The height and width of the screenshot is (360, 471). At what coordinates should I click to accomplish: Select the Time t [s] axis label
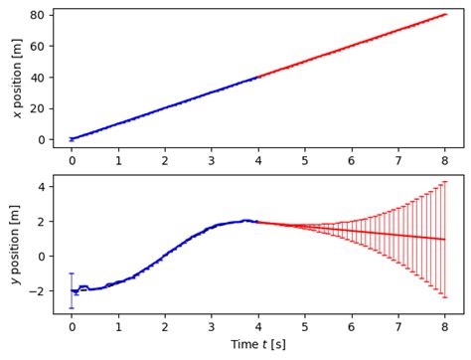258,345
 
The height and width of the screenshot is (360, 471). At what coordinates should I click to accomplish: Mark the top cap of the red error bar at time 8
445,181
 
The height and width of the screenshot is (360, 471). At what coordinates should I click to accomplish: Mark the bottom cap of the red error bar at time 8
445,297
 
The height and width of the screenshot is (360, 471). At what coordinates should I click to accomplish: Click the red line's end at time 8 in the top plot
445,15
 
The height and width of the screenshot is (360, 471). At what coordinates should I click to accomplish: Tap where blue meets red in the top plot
258,77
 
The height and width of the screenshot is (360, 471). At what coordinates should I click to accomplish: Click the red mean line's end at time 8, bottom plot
445,240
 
